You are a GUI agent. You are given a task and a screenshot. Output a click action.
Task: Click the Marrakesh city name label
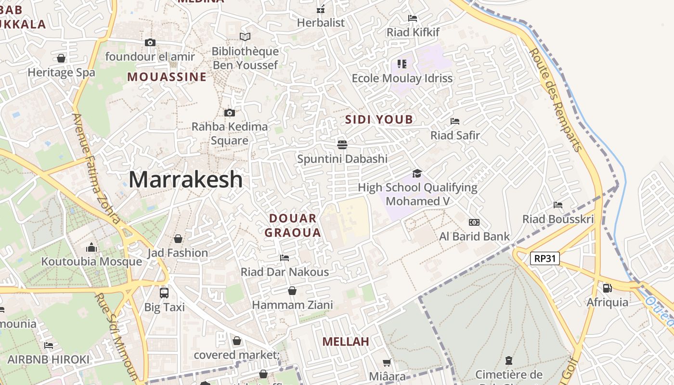click(185, 180)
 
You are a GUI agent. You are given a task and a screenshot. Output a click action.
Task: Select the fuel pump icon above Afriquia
click(607, 288)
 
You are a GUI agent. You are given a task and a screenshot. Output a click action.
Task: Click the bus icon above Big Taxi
click(164, 293)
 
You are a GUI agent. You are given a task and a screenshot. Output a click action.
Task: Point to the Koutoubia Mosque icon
click(91, 248)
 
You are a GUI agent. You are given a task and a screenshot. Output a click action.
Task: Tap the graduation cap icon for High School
click(417, 173)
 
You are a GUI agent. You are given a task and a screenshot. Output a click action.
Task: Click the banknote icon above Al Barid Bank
click(474, 222)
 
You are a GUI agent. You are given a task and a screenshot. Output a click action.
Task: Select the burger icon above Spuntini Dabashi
click(342, 144)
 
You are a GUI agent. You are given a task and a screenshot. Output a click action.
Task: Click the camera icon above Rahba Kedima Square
click(230, 113)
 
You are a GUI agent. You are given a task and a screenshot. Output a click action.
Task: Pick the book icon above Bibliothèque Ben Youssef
click(245, 37)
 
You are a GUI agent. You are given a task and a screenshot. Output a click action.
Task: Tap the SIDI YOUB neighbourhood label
click(379, 120)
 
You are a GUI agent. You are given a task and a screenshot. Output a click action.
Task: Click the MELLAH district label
click(346, 342)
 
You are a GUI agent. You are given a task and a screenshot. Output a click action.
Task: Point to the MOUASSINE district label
click(167, 77)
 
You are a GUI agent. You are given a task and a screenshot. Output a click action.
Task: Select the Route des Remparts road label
click(556, 100)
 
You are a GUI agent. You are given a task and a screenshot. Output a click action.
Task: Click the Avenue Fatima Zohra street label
click(96, 168)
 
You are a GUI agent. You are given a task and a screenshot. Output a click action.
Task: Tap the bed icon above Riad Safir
click(455, 121)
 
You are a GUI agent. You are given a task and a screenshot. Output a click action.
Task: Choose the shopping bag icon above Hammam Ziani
click(292, 291)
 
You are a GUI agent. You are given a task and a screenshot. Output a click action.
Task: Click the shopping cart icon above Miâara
click(387, 362)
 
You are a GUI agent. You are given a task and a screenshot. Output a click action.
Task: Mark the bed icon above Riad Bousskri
click(558, 205)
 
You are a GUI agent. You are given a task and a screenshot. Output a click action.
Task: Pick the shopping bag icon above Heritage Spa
click(61, 58)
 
